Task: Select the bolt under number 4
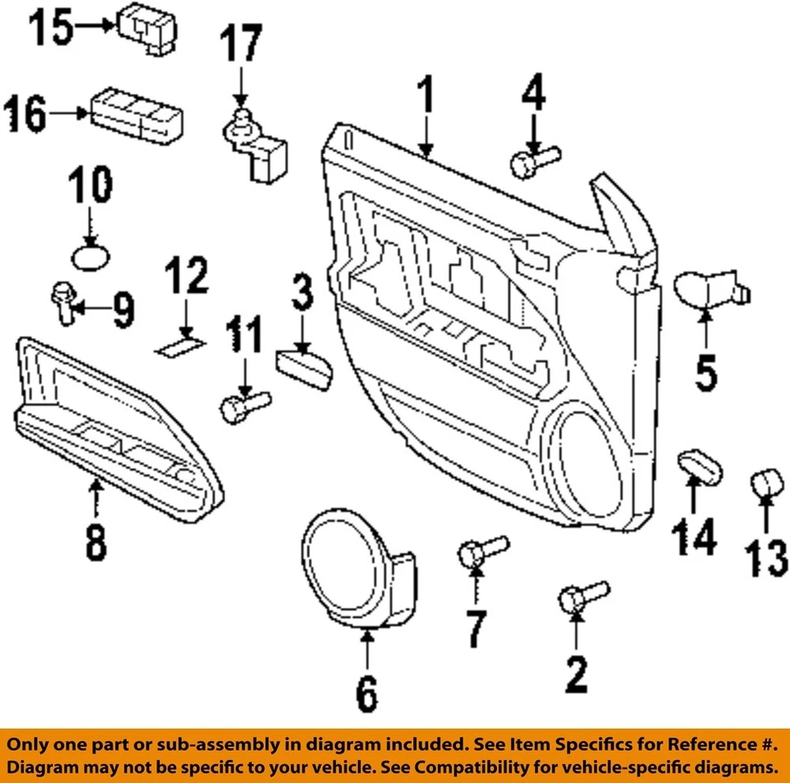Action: tap(533, 160)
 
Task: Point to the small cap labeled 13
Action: tap(767, 483)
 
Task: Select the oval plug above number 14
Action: tap(699, 466)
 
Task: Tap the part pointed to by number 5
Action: tap(708, 290)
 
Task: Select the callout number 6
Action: tap(365, 696)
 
